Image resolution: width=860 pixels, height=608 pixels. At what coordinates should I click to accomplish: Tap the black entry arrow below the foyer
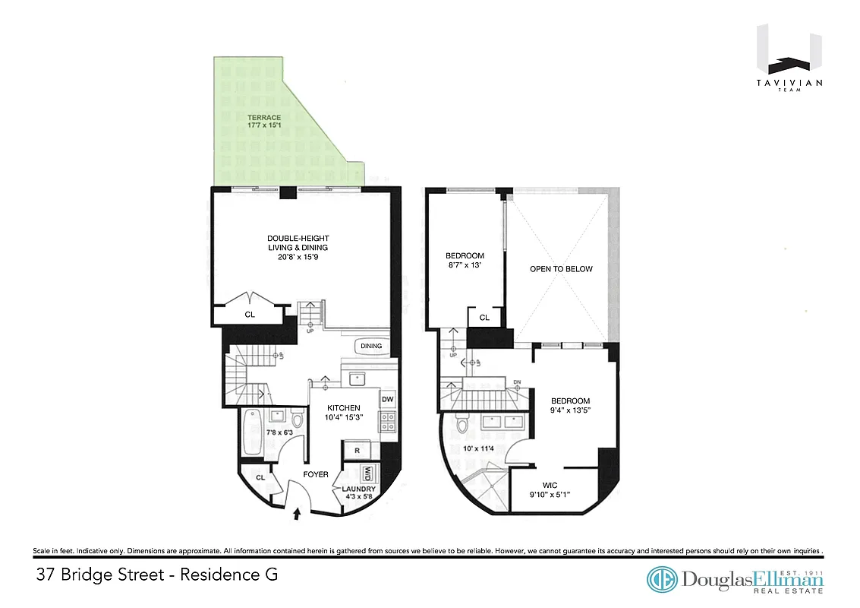pyautogui.click(x=297, y=515)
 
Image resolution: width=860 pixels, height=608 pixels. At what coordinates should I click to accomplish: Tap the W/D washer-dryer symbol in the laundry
pyautogui.click(x=370, y=473)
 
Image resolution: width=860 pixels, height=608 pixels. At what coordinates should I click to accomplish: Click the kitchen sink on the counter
pyautogui.click(x=354, y=378)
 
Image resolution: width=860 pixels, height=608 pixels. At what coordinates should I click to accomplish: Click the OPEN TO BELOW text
pyautogui.click(x=561, y=269)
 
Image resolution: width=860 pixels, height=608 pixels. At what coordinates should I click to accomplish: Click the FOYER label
pyautogui.click(x=316, y=474)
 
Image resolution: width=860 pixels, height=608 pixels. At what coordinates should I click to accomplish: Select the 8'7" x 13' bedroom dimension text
pyautogui.click(x=464, y=266)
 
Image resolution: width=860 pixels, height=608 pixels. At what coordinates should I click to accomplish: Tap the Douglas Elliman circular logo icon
pyautogui.click(x=661, y=580)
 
